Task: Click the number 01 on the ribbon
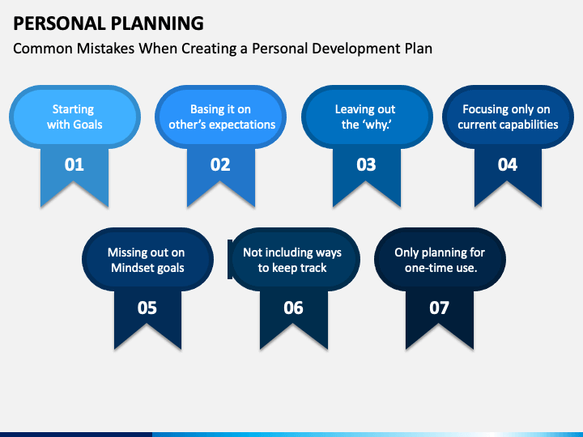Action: tap(74, 164)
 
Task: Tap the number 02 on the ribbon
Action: tap(220, 164)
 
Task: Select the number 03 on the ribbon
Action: tap(366, 164)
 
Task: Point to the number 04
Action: tap(508, 164)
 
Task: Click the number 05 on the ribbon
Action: tap(147, 308)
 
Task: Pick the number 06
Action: tap(293, 308)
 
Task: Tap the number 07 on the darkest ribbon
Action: tap(439, 308)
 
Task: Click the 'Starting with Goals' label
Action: tap(74, 117)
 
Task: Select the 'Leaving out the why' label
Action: tap(365, 117)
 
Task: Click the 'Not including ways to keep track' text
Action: tap(292, 260)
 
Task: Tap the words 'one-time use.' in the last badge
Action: tap(441, 268)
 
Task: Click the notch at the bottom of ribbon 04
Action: tap(508, 182)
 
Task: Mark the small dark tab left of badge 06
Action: tap(230, 259)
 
